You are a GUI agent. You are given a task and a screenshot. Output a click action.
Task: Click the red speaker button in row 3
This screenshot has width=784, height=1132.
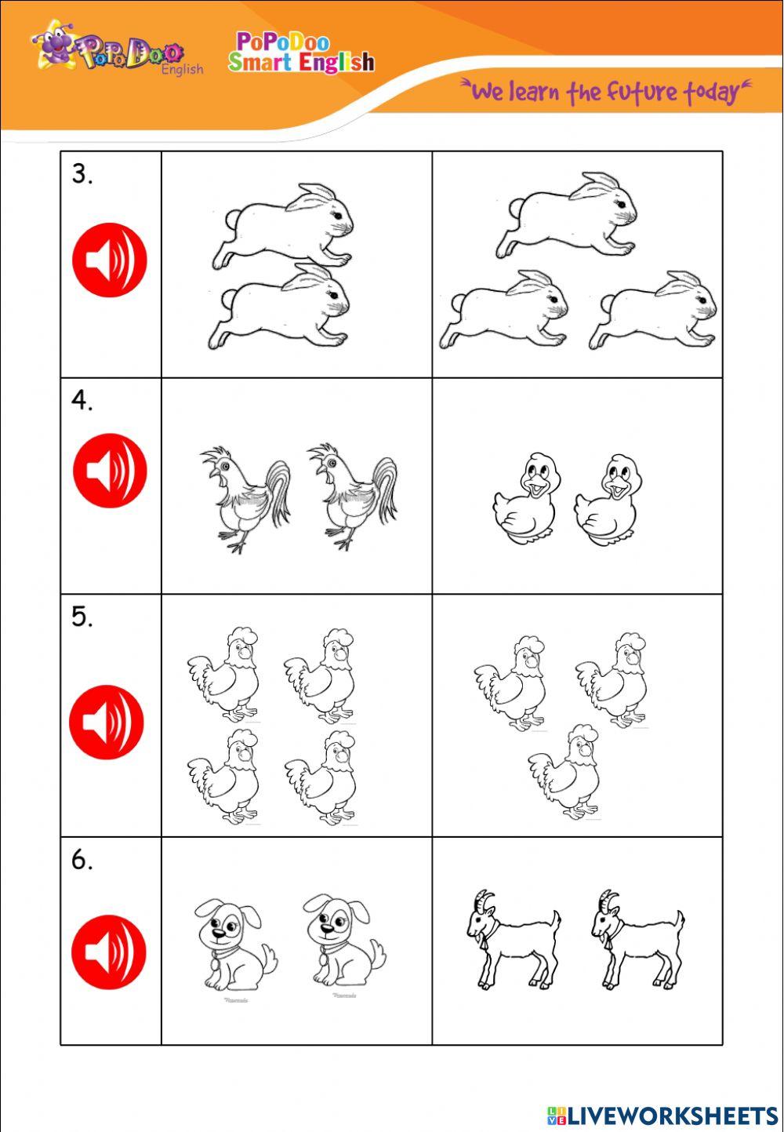(x=110, y=260)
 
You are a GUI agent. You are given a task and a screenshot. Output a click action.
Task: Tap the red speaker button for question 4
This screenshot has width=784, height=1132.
(x=110, y=471)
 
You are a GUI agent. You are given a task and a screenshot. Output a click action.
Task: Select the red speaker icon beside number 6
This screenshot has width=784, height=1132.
(x=109, y=951)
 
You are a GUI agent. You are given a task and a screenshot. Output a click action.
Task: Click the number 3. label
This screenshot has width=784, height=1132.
(x=82, y=174)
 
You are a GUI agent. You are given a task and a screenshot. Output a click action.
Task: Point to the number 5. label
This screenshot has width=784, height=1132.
(x=82, y=617)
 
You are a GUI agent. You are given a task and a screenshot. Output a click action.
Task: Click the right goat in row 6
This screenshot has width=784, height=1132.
(x=637, y=937)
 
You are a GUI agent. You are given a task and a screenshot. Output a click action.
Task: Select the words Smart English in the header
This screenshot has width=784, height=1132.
(x=302, y=62)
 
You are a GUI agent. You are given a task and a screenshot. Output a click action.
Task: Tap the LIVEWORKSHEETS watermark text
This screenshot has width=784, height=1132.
(x=672, y=1115)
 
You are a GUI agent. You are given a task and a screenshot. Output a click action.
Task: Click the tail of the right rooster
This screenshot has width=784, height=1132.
(x=386, y=486)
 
